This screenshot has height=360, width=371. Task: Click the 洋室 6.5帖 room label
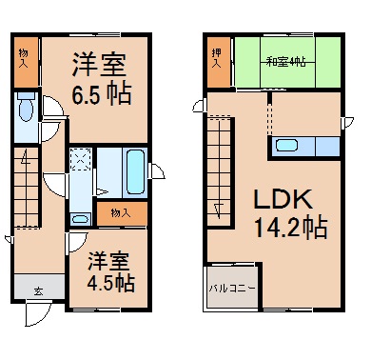[x=102, y=79]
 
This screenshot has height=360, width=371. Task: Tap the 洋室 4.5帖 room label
[x=110, y=271]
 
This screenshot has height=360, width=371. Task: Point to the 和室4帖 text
[x=285, y=61]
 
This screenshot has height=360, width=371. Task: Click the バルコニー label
[x=232, y=289]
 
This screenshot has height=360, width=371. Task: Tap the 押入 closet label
[x=217, y=58]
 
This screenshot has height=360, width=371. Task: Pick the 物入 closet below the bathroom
[x=122, y=213]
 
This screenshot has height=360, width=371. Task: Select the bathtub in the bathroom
[x=136, y=171]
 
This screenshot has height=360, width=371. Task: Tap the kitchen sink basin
[x=286, y=146]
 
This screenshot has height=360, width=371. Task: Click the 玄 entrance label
[x=39, y=291]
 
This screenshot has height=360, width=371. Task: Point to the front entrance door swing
[x=38, y=313]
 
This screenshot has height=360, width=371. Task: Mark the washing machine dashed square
[x=81, y=158]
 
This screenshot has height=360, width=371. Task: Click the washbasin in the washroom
[x=80, y=219]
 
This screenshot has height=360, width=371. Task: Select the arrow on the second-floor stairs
[x=218, y=210]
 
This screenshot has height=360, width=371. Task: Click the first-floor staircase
[x=27, y=188]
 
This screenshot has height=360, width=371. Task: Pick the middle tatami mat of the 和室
[x=287, y=62]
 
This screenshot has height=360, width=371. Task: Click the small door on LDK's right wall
[x=347, y=123]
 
